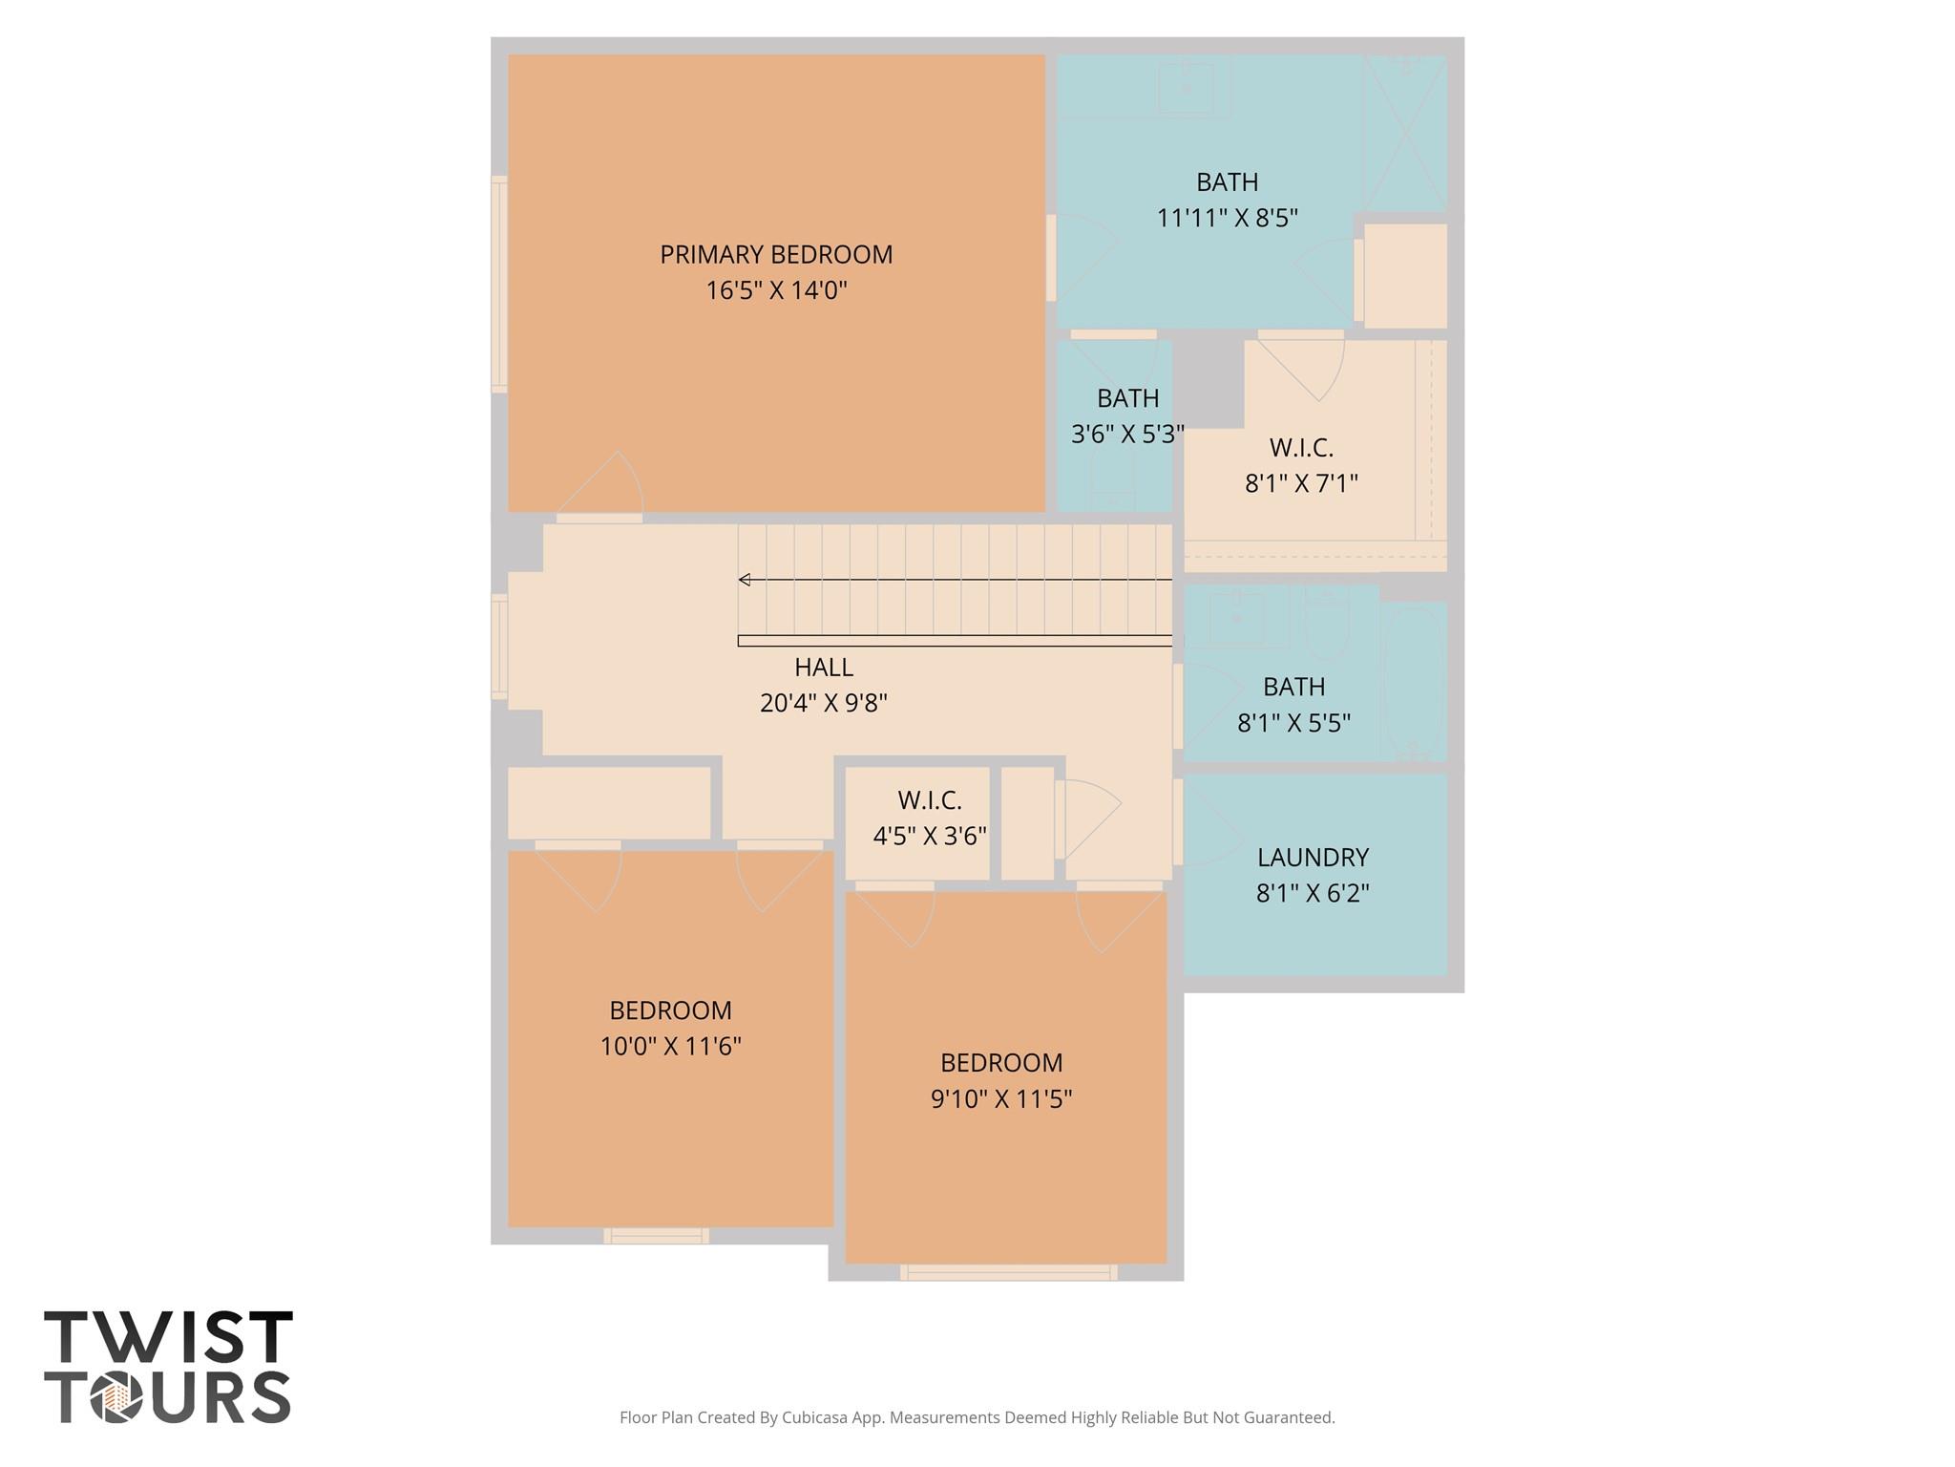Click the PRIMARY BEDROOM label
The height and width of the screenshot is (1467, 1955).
776,255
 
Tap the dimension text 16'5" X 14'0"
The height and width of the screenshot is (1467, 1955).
776,290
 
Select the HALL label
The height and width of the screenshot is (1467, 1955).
824,668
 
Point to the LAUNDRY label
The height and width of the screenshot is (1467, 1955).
1313,858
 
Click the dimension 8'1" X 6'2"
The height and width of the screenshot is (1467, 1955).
1313,893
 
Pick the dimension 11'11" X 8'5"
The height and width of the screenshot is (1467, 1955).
1228,218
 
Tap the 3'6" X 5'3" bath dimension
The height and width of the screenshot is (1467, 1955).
1127,435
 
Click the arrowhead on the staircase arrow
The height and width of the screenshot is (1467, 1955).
744,580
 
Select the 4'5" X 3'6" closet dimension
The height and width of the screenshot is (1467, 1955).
930,836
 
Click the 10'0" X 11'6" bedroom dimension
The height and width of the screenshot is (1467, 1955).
670,1047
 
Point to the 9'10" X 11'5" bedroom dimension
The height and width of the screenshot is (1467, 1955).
1001,1099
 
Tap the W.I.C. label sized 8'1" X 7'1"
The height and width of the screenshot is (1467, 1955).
1301,448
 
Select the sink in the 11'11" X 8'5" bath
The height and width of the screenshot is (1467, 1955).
1187,88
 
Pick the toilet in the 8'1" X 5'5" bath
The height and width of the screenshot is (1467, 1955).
1327,626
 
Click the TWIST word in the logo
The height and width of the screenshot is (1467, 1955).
168,1337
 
